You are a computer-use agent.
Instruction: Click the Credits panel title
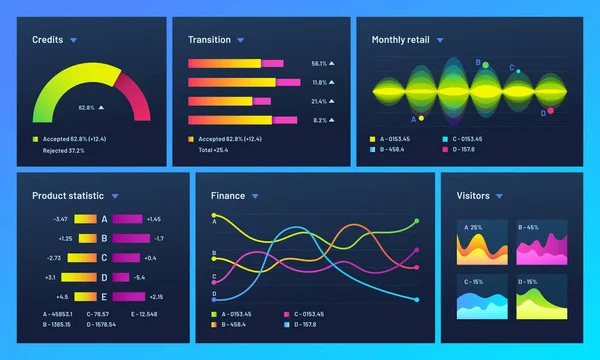click(47, 40)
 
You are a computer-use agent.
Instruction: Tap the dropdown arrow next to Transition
click(241, 40)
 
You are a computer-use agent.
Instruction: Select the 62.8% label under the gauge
click(86, 108)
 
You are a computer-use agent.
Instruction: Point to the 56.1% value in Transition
click(319, 63)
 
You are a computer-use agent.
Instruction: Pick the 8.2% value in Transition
click(319, 120)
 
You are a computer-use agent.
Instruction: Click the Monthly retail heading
click(400, 40)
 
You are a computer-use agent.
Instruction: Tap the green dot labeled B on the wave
click(485, 65)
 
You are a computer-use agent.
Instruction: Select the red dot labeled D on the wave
click(550, 110)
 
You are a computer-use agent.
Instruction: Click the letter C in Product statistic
click(103, 257)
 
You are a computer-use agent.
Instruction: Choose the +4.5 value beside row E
click(62, 296)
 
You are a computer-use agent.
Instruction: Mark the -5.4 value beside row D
click(139, 277)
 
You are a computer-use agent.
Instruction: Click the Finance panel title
click(227, 196)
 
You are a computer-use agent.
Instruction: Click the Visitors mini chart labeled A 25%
click(484, 243)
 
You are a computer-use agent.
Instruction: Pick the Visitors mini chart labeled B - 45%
click(540, 243)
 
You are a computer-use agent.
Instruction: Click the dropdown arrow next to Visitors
click(499, 196)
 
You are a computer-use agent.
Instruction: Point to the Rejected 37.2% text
click(63, 150)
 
